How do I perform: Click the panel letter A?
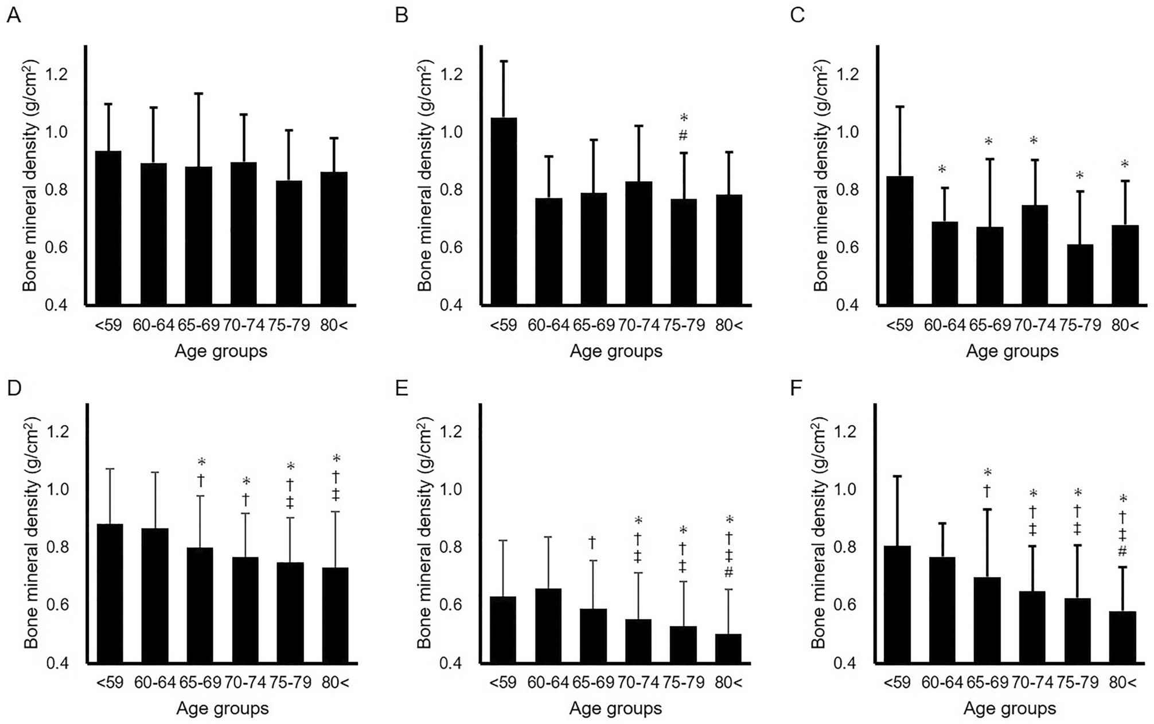(x=13, y=15)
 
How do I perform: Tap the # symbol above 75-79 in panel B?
(x=684, y=136)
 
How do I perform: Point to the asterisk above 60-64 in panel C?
(x=942, y=169)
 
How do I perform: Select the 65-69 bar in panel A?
(x=198, y=235)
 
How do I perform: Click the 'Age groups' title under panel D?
(x=222, y=708)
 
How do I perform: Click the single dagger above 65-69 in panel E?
(x=592, y=542)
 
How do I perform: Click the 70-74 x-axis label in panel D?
(x=245, y=683)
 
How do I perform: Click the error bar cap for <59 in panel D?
(x=109, y=469)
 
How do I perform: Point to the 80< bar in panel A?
(x=333, y=238)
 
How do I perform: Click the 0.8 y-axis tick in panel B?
(x=451, y=190)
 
